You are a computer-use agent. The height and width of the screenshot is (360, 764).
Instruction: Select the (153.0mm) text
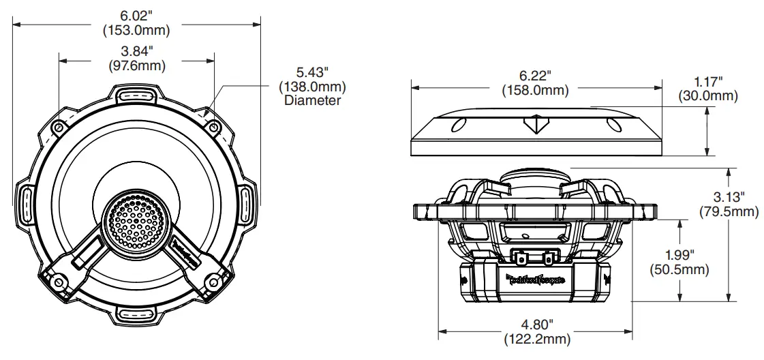tap(136, 30)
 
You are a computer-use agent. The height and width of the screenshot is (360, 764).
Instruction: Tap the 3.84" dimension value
tap(136, 51)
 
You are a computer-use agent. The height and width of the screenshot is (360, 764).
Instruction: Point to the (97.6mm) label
tap(136, 65)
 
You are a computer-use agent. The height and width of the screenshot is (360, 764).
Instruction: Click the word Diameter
tap(312, 100)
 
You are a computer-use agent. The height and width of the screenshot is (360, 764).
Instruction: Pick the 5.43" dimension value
tap(312, 72)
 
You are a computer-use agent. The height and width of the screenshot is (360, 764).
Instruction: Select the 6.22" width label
tap(535, 76)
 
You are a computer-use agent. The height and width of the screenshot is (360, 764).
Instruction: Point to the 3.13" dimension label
tap(729, 197)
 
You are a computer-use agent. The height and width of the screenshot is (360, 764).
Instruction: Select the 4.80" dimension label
tap(535, 325)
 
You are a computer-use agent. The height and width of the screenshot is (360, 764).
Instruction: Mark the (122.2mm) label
tap(535, 339)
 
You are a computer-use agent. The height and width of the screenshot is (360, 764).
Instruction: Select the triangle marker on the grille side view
tap(536, 125)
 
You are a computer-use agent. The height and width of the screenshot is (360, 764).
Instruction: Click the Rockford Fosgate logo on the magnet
tap(536, 277)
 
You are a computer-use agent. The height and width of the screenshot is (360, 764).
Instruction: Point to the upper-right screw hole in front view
tap(213, 127)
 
